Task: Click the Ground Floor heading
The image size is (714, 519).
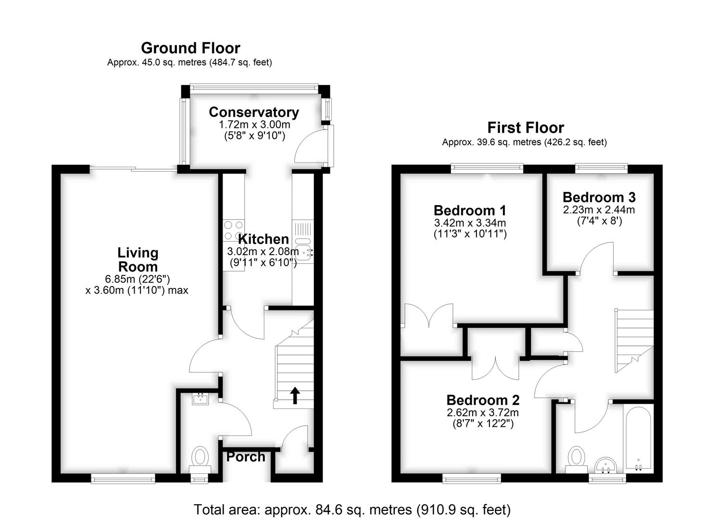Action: (190, 48)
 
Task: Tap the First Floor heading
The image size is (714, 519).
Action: (526, 128)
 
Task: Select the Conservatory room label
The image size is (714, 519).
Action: (254, 112)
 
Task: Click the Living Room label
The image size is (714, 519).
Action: (138, 259)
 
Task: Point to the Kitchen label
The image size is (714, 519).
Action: (263, 239)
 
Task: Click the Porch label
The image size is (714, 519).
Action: (246, 457)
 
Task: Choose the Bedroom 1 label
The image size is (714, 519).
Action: (470, 210)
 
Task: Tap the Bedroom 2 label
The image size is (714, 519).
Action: (483, 400)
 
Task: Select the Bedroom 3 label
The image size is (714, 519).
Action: (599, 197)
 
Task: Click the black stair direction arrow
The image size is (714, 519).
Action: (295, 395)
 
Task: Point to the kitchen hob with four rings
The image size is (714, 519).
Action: (234, 230)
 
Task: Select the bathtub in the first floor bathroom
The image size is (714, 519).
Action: (638, 438)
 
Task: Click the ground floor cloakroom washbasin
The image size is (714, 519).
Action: (200, 398)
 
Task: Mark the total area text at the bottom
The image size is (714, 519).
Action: (352, 509)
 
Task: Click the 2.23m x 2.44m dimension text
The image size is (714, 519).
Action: (599, 210)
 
